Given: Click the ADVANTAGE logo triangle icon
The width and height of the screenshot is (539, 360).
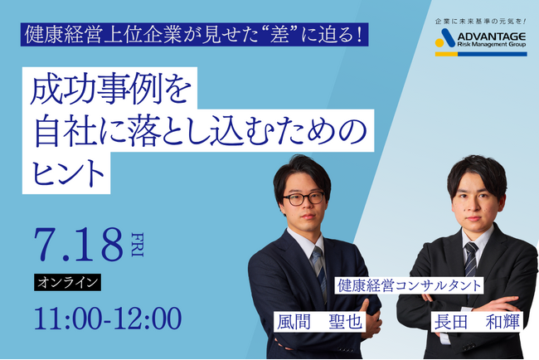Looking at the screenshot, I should click(x=446, y=38).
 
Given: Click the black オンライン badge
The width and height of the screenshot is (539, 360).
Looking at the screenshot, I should click(x=68, y=282).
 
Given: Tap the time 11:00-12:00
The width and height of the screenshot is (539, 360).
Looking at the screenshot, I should click(x=107, y=318).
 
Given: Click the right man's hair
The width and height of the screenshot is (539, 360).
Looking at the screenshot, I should click(x=476, y=169).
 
